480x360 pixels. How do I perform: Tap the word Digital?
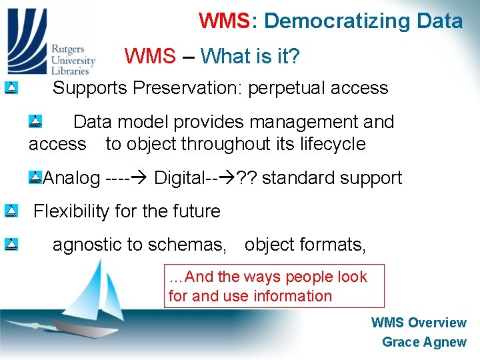tap(179, 178)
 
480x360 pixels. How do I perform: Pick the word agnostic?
tap(88, 245)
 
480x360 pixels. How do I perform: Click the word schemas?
tap(194, 245)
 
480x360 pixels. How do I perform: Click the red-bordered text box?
tap(275, 286)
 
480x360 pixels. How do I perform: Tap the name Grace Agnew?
tap(424, 342)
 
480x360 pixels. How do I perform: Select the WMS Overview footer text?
tap(419, 323)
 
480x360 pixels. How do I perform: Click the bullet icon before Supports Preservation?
tap(11, 87)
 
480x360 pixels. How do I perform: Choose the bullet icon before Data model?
tap(36, 121)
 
